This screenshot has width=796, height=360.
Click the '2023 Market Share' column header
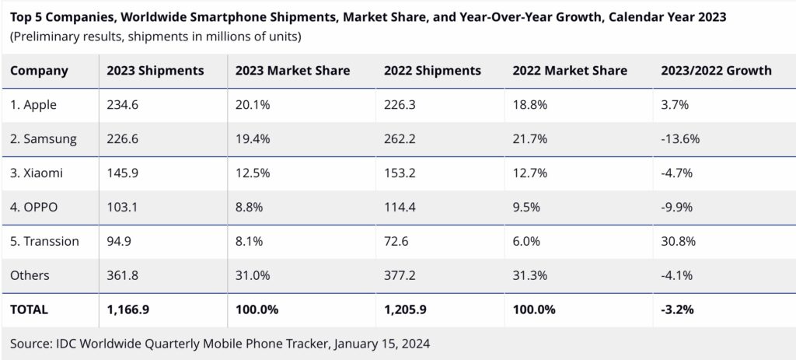tap(292, 71)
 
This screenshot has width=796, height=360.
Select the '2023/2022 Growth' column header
tap(716, 71)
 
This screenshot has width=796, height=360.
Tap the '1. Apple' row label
tap(33, 105)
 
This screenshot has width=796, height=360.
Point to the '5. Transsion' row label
tap(44, 241)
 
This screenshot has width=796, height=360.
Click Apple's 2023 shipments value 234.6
tap(122, 105)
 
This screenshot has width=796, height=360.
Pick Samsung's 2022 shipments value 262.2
tap(400, 138)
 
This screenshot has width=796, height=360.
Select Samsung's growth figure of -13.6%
tap(680, 138)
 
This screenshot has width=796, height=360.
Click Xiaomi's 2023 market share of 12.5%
tap(253, 173)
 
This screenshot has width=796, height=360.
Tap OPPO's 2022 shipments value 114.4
tap(400, 207)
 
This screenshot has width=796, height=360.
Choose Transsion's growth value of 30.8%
tap(678, 241)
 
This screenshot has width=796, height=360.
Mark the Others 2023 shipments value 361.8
tap(122, 275)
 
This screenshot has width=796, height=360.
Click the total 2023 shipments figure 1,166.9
tap(128, 309)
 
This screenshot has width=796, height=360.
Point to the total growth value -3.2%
tap(677, 309)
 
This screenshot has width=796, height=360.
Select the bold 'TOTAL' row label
tap(29, 309)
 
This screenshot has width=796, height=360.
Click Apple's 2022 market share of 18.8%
tap(530, 105)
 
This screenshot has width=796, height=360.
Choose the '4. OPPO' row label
tap(33, 207)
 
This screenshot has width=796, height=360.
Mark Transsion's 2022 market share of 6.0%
tap(526, 241)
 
